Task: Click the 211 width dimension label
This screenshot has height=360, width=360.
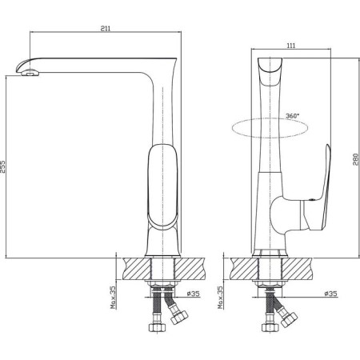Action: (106, 29)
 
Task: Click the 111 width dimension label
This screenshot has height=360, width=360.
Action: (291, 46)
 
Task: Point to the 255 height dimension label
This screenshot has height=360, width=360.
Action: (2, 166)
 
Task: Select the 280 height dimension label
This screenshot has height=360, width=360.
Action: (356, 159)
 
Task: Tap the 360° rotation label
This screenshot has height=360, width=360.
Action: (292, 116)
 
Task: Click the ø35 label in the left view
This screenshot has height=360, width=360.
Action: (193, 294)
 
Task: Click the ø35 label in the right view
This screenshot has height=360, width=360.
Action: (331, 294)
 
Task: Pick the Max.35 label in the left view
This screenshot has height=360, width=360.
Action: (114, 298)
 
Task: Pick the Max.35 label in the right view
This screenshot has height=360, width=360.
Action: (220, 298)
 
